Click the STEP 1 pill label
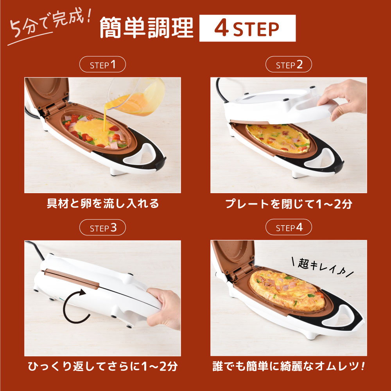coord(102,65)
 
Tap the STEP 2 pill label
coord(289,65)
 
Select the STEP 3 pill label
coord(102,228)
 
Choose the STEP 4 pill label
coord(289,227)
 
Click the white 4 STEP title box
coord(248,28)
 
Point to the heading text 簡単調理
coord(147,28)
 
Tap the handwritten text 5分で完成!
coord(50,25)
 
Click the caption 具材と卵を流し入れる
coord(103,203)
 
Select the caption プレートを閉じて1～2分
coord(289,204)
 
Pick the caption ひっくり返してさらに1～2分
coord(103,366)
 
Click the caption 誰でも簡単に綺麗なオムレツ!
coord(289,366)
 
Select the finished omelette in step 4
coord(287,291)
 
